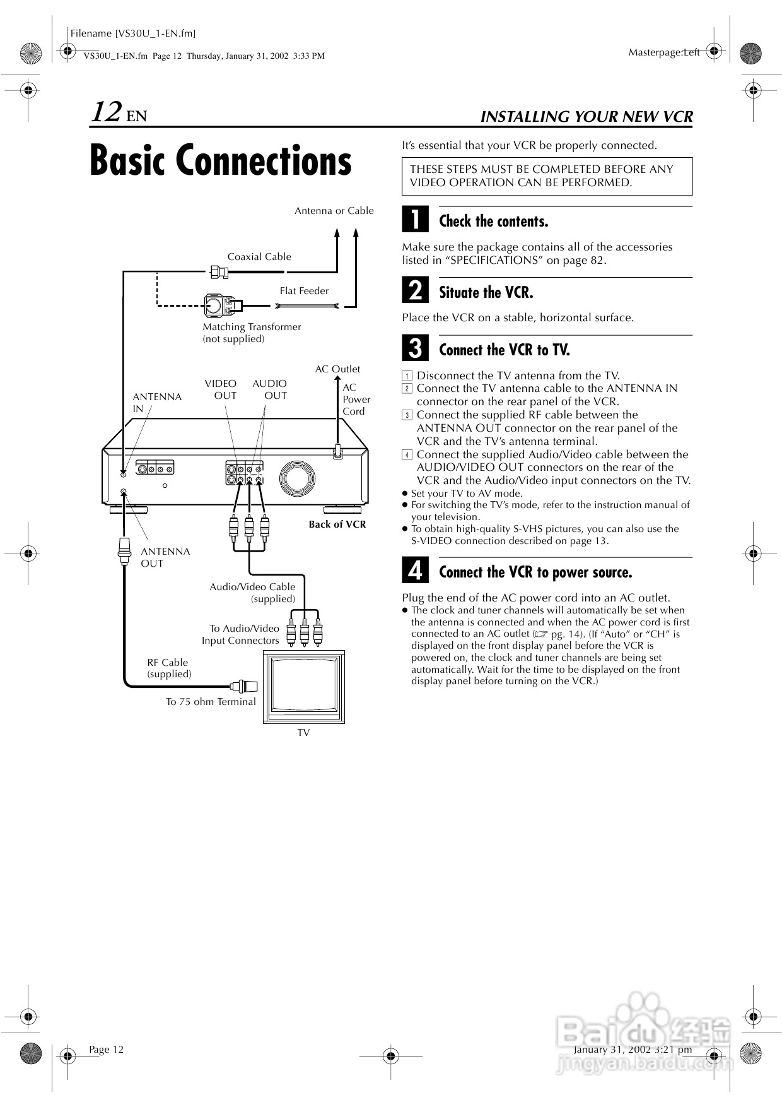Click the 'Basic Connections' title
click(220, 160)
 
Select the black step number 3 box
click(415, 348)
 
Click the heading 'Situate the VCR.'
click(486, 292)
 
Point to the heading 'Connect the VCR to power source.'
click(535, 572)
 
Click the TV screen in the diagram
click(304, 684)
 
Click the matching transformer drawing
click(218, 306)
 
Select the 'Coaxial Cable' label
click(259, 257)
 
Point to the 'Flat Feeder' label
click(304, 291)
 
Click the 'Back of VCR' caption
click(337, 524)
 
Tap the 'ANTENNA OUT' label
click(165, 557)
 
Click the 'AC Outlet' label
click(337, 369)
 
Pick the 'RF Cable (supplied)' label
click(168, 668)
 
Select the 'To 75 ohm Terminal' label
click(211, 702)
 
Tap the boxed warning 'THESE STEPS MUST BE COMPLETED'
click(547, 176)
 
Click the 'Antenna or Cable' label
click(334, 211)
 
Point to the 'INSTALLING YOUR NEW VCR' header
click(586, 117)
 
